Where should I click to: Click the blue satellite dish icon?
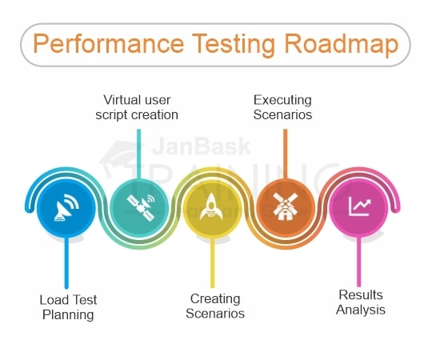tap(67, 208)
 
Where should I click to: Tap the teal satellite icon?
tap(139, 208)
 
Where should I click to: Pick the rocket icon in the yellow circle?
tap(211, 208)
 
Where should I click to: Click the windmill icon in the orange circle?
tap(284, 208)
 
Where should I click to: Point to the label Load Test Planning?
tap(68, 307)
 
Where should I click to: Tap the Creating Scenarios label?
tap(215, 307)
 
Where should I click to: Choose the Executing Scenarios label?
tap(282, 107)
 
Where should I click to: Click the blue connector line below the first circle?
tap(67, 264)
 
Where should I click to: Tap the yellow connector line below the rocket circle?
tap(212, 264)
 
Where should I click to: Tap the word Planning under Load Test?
tap(68, 315)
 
